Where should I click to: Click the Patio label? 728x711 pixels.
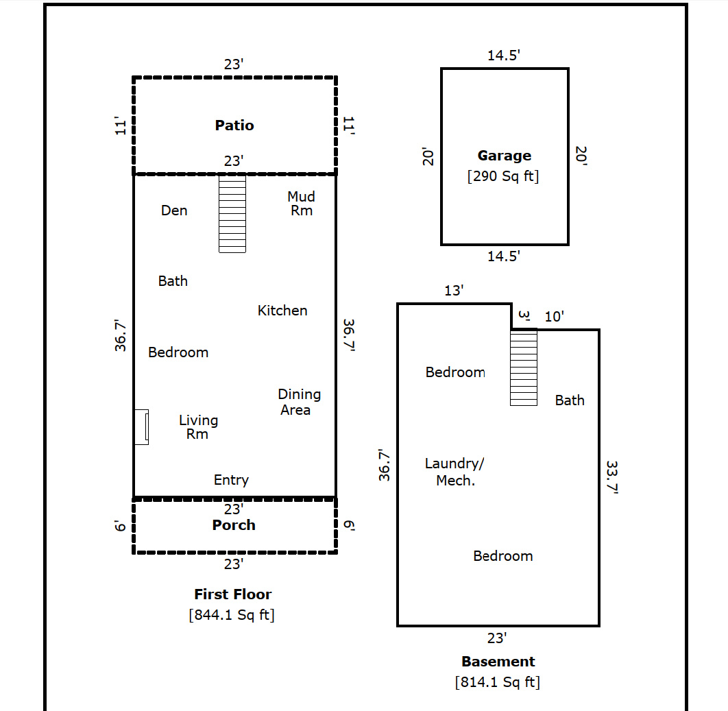click(234, 125)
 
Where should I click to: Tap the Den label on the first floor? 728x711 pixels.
click(174, 210)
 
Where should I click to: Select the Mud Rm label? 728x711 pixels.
click(301, 204)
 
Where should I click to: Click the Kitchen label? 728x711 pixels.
click(282, 311)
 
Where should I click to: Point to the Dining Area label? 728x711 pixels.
click(298, 402)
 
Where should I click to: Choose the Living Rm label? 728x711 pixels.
click(198, 426)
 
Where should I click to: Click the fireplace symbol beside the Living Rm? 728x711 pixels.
click(141, 427)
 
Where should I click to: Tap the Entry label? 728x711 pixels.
click(231, 480)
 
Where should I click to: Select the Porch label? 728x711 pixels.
click(234, 525)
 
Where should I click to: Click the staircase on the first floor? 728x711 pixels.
click(232, 214)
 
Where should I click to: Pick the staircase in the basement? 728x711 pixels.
click(524, 368)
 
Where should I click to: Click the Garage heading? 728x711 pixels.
click(504, 156)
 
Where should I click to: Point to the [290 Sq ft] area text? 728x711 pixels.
click(503, 176)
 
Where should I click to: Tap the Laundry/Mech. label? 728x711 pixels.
click(454, 472)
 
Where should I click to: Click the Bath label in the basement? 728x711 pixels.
click(570, 400)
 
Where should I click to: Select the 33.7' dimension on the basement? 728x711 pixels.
click(612, 477)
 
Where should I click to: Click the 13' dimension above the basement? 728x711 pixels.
click(454, 291)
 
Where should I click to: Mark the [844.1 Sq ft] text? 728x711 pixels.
click(232, 615)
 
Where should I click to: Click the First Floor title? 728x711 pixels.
click(232, 594)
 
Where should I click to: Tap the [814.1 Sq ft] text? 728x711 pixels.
click(498, 682)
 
